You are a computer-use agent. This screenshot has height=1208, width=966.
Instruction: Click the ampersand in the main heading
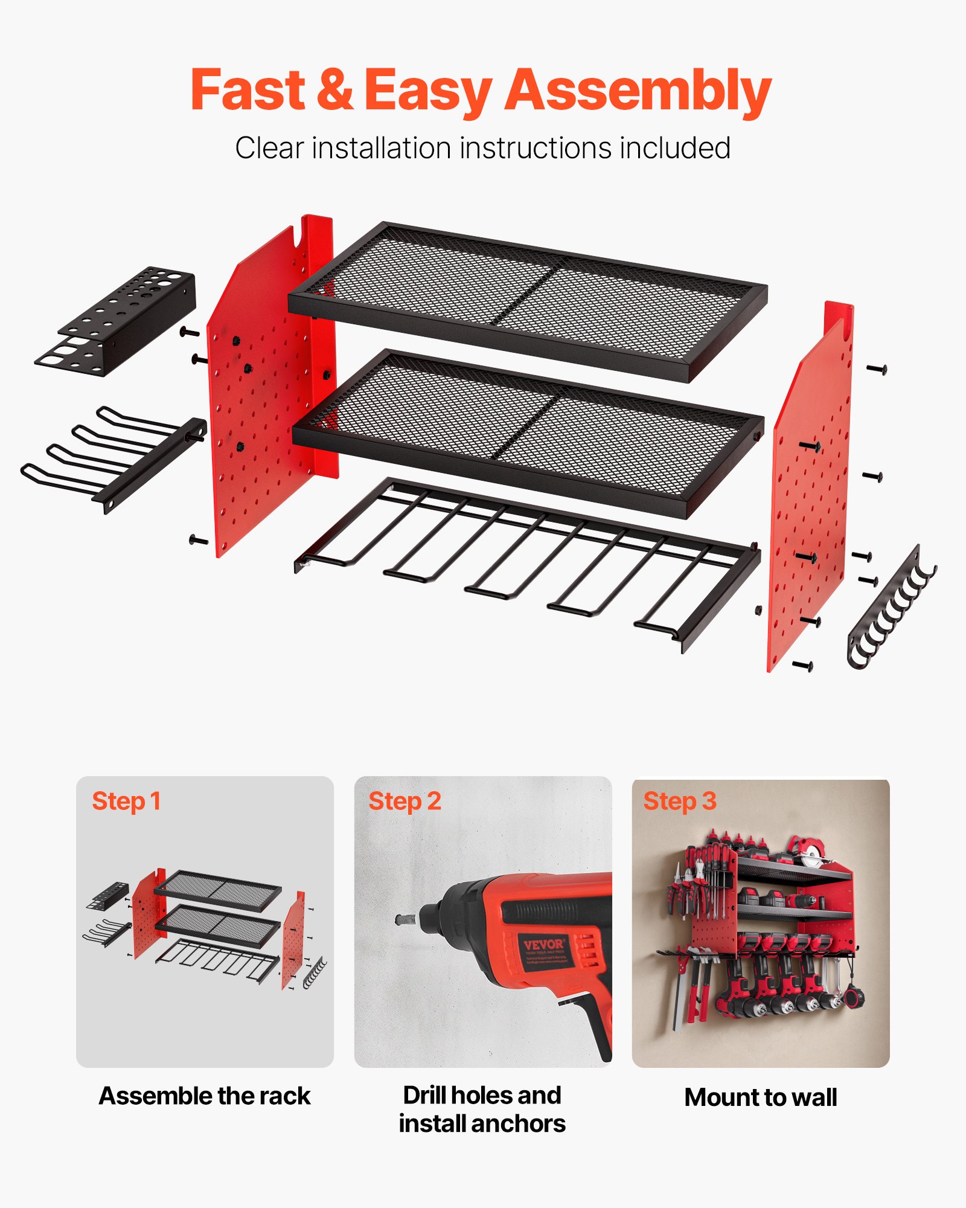pos(334,91)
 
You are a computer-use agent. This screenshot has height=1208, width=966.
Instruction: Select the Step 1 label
pos(126,802)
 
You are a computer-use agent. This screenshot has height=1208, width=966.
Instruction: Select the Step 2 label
pos(405,802)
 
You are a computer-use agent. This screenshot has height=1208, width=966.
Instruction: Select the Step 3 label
pos(679,802)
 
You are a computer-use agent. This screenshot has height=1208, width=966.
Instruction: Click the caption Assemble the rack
pos(205,1096)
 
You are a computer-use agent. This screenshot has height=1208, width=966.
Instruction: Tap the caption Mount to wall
pos(761,1097)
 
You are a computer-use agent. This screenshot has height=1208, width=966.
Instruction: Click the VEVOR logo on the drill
pos(543,945)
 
